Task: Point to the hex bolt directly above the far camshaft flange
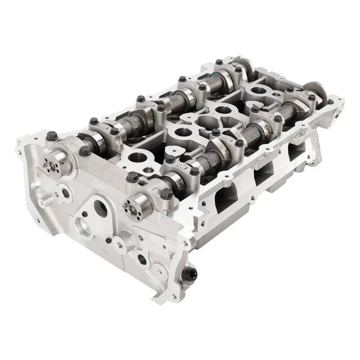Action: [52, 136]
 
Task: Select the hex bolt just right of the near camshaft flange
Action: [166, 193]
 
